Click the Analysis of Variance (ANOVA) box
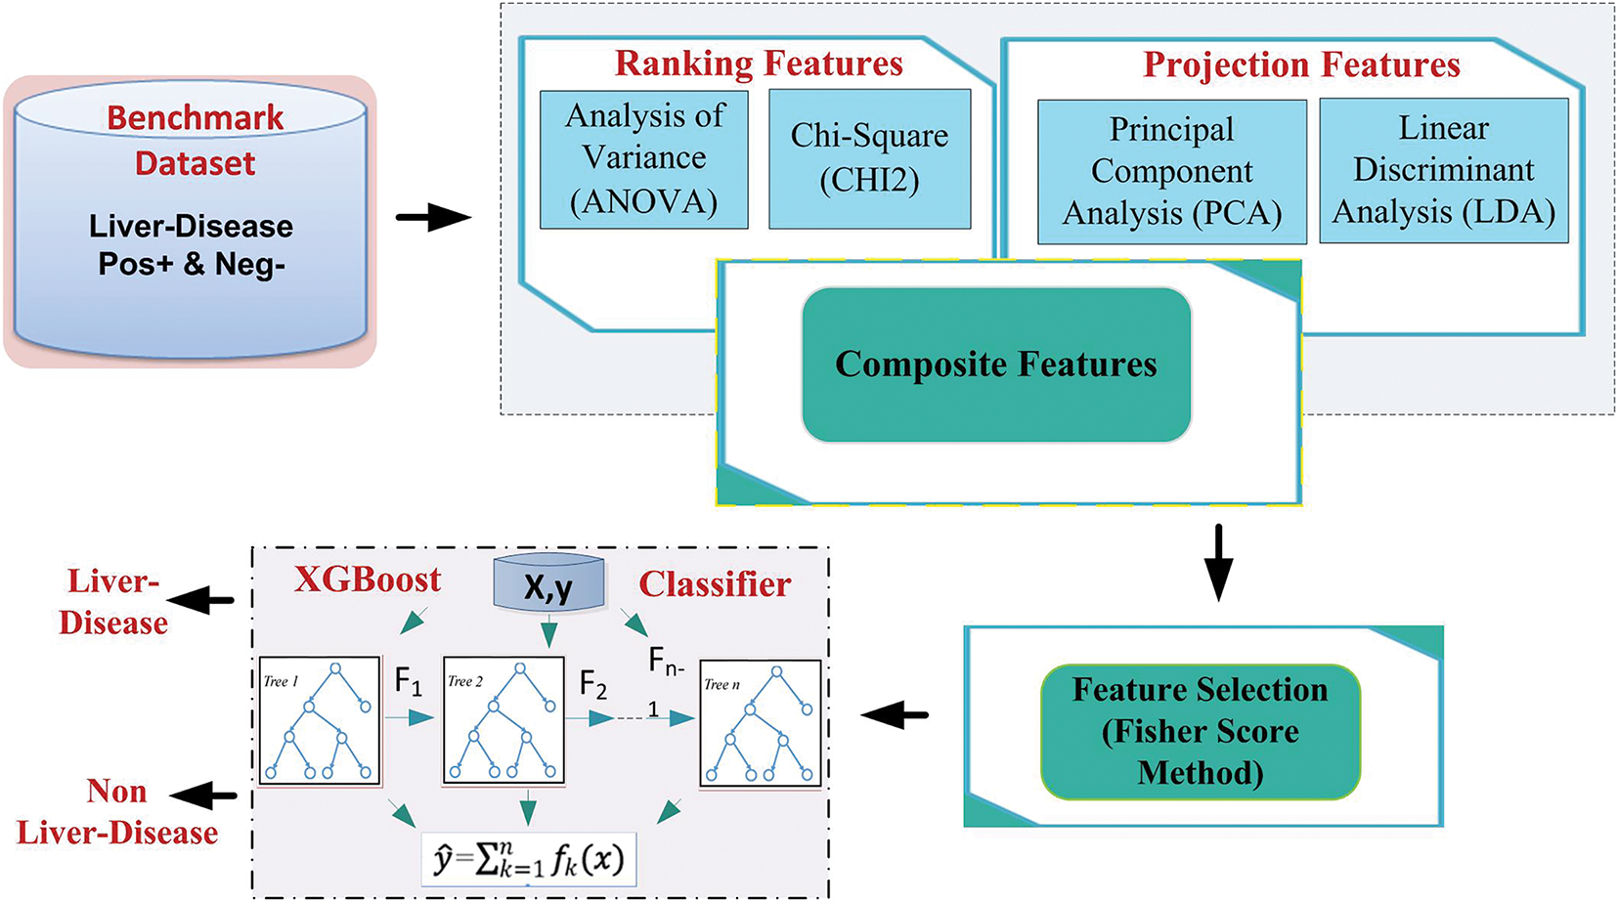(x=644, y=159)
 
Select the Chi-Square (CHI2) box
(x=869, y=158)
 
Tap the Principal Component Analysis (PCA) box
(x=1171, y=171)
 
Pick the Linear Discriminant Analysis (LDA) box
(x=1443, y=170)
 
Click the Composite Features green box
(x=995, y=365)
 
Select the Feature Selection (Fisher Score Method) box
(x=1200, y=732)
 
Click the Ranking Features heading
(x=759, y=64)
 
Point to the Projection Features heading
(x=1301, y=64)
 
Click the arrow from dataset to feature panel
(x=433, y=217)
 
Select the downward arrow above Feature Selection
(x=1218, y=563)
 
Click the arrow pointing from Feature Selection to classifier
(x=895, y=715)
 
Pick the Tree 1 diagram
(x=319, y=721)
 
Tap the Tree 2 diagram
(x=503, y=721)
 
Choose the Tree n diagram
(x=760, y=723)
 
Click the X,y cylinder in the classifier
(x=548, y=584)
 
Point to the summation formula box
(x=529, y=860)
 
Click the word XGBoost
(x=368, y=580)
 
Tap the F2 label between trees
(x=593, y=684)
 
